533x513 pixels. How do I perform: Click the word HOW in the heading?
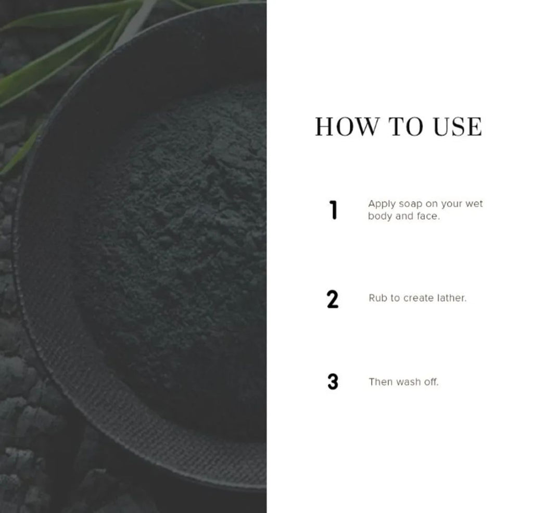tap(347, 127)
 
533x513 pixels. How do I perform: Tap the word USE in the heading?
tap(458, 127)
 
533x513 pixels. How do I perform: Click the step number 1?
tap(334, 210)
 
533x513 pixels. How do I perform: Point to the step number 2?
tap(333, 299)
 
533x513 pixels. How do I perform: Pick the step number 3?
tap(333, 382)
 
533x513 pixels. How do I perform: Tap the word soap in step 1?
tap(410, 205)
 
